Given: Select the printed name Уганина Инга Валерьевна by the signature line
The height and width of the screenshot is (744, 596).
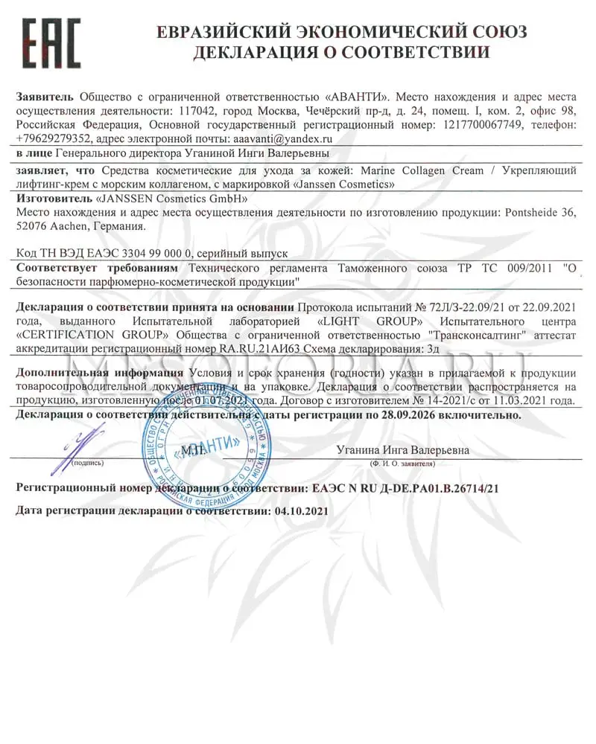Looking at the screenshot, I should (402, 451).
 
